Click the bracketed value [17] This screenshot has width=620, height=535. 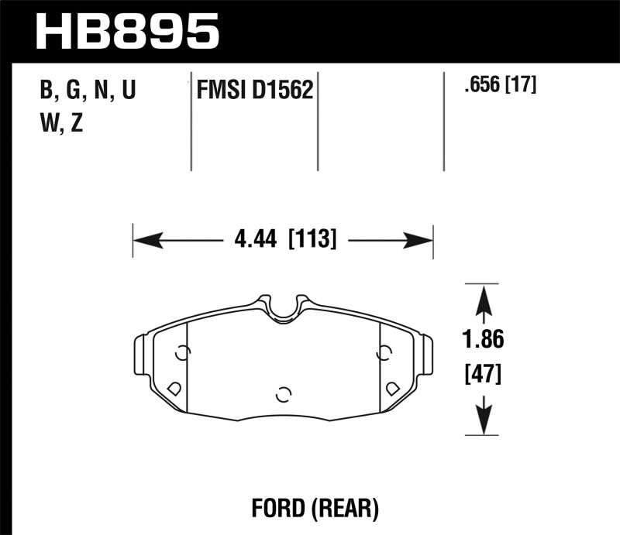click(522, 85)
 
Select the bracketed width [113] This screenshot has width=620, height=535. click(312, 241)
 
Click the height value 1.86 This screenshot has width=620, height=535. click(484, 340)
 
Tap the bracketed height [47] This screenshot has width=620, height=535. click(484, 376)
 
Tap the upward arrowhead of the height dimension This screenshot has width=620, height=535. click(484, 297)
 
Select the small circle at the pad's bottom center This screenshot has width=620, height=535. click(284, 393)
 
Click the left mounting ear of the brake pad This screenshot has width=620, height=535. click(143, 355)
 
